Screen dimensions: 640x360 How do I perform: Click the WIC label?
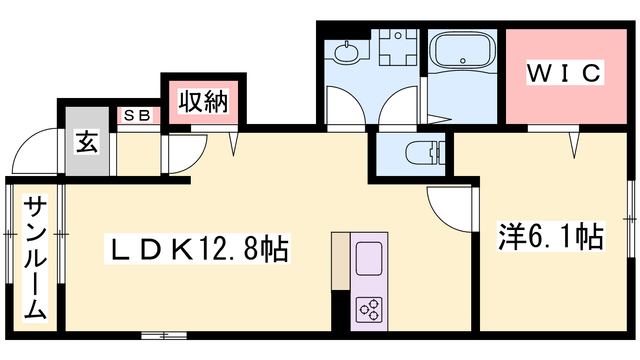coord(565,73)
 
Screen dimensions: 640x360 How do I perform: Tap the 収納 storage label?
coord(203,102)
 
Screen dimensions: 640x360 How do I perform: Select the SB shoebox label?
coord(137,116)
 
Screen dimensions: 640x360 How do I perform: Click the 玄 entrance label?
coord(86,142)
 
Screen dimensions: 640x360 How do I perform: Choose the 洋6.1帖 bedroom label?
coord(551,236)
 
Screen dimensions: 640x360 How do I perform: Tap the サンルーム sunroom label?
coord(35,258)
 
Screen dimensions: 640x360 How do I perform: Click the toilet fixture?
coord(425,153)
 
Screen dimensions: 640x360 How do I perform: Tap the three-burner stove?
coord(369,310)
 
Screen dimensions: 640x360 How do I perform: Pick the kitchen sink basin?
coord(369,259)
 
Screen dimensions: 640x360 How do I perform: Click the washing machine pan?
coord(398,47)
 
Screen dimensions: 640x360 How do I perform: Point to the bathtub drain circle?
coord(463,61)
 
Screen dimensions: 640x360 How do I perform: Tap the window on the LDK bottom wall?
coord(164,336)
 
